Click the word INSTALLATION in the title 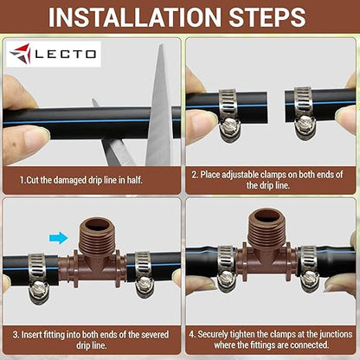pos(131,16)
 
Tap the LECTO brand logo pos(54,55)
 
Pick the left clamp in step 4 pos(227,267)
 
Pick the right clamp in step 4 pos(309,267)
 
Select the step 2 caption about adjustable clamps pos(271,179)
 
